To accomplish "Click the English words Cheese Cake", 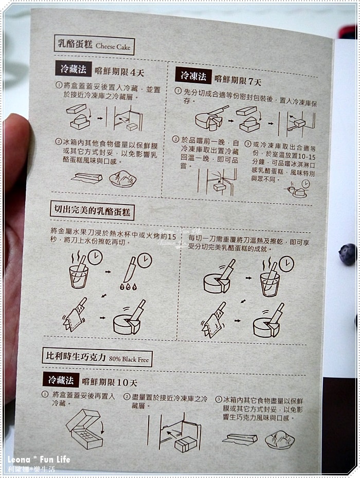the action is tap(113, 46).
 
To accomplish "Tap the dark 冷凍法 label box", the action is tap(193, 75).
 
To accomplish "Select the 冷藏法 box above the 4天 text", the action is tap(73, 68).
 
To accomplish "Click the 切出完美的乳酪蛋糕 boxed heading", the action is tap(92, 211).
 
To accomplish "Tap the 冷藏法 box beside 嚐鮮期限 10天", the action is tap(61, 380).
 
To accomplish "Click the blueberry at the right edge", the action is tap(348, 254).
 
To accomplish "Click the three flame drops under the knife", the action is tap(128, 287).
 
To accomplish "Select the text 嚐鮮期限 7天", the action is tap(238, 81).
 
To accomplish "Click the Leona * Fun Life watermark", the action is tap(39, 459).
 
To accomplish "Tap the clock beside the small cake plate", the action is tap(305, 184).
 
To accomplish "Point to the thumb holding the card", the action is tap(15, 158).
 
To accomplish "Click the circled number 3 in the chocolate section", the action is tap(219, 399).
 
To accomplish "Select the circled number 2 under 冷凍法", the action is tap(175, 140).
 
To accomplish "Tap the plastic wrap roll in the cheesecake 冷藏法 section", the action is tap(86, 178).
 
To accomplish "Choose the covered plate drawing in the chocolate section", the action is tap(280, 439).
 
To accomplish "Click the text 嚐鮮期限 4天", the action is tap(119, 72).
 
